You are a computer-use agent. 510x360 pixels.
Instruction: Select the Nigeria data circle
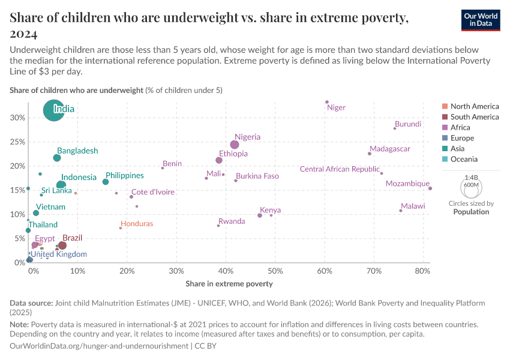click(x=235, y=145)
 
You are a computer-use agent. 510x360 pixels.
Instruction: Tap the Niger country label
click(x=336, y=108)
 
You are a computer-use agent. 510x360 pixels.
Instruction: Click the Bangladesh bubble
click(x=57, y=158)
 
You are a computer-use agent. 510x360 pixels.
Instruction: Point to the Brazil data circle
click(x=62, y=245)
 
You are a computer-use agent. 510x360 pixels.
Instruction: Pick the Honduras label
click(x=137, y=224)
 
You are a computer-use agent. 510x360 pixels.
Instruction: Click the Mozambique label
click(x=407, y=184)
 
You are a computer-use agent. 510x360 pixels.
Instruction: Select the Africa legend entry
click(x=460, y=127)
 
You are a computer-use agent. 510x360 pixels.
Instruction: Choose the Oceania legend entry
click(x=464, y=159)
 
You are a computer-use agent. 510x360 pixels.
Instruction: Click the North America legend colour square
click(x=445, y=106)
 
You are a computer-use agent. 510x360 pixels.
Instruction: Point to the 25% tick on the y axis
click(x=17, y=142)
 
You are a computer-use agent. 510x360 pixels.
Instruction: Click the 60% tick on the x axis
click(x=325, y=272)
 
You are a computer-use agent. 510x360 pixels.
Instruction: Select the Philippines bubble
click(x=106, y=182)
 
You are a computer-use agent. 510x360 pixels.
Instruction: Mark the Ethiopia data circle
click(x=219, y=160)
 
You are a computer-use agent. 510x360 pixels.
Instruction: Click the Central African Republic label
click(x=340, y=169)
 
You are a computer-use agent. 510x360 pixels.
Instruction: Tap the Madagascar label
click(x=390, y=149)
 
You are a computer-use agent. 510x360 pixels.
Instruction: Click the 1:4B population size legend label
click(x=471, y=178)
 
